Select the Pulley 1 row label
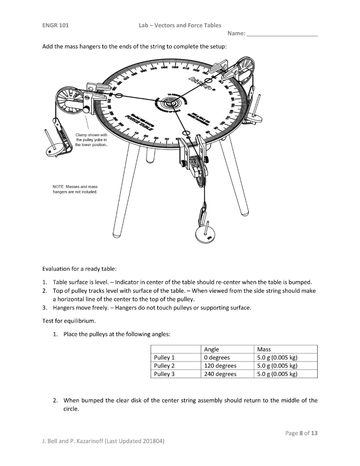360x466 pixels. click(x=164, y=357)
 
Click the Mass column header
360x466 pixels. click(x=264, y=349)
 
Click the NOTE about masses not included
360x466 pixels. click(x=75, y=189)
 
